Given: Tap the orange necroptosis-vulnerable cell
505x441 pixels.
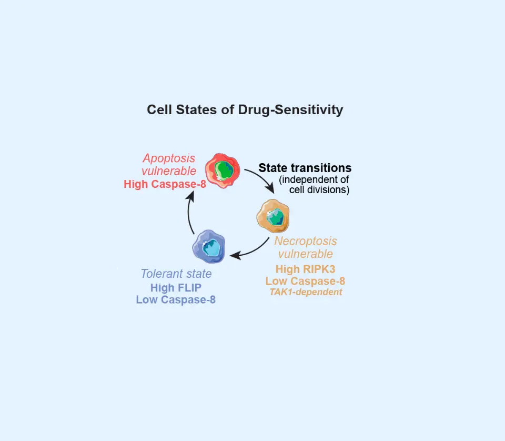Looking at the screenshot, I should (x=274, y=216).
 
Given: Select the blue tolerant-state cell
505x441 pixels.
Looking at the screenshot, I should (x=209, y=246).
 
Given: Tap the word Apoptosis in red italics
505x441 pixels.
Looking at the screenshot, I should (x=168, y=158).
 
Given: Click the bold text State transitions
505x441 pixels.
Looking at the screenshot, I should (x=305, y=168).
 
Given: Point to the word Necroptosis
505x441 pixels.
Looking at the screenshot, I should (x=306, y=242).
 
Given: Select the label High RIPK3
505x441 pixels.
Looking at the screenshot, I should (x=305, y=269).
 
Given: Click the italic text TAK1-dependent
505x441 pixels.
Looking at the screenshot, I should (x=306, y=292).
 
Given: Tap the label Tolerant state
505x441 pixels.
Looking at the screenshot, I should (x=176, y=274).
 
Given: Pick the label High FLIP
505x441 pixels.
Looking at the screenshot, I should (x=176, y=288).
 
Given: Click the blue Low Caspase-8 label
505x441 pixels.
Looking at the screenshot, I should (x=176, y=300).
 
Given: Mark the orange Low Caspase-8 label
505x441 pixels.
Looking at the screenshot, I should (x=305, y=281).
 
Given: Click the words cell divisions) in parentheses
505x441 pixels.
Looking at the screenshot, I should (x=319, y=190).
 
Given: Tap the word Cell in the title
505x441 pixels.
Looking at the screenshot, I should (x=159, y=110).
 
